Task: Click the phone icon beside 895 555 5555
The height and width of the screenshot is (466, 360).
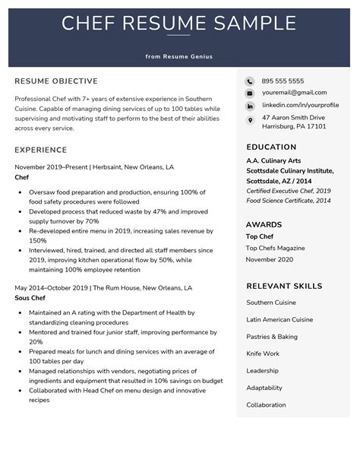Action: click(x=250, y=81)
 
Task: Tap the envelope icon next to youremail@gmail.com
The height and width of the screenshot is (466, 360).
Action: click(x=250, y=94)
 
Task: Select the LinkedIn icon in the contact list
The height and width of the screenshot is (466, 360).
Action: click(x=250, y=106)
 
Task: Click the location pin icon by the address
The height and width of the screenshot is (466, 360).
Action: click(x=250, y=120)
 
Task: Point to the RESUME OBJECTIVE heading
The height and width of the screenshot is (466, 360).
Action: click(x=56, y=81)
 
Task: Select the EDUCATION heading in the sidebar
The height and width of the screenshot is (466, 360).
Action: click(x=271, y=147)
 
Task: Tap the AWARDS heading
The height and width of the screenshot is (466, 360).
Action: click(x=264, y=225)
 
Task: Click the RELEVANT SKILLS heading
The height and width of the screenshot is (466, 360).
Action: click(x=284, y=287)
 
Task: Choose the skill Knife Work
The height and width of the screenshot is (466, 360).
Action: click(x=263, y=353)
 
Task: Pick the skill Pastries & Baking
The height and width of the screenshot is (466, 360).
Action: click(x=272, y=337)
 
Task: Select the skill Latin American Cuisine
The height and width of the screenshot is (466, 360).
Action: click(x=279, y=319)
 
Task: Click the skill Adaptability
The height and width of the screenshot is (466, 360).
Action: click(x=264, y=388)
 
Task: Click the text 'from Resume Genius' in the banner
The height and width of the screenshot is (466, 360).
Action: click(x=179, y=56)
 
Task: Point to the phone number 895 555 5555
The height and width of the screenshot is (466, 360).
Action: click(x=283, y=81)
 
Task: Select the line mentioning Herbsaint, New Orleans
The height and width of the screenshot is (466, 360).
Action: click(x=94, y=166)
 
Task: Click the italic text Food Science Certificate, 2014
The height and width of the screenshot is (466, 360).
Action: click(x=288, y=201)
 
